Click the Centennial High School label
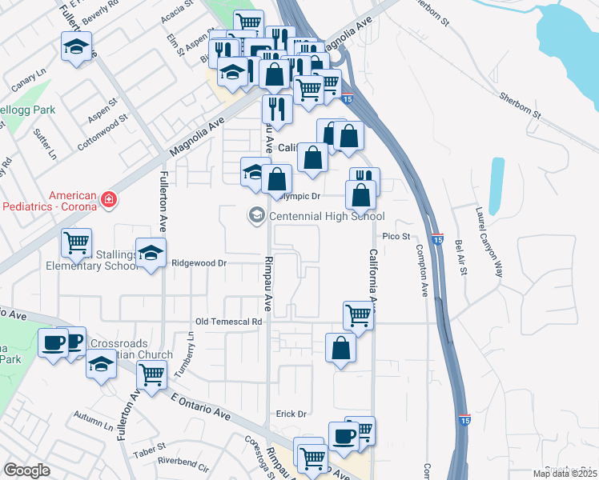pos(327,216)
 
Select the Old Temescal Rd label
pos(230,322)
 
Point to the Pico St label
pos(396,236)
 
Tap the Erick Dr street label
pos(291,414)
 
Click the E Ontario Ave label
pos(200,406)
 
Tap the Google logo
pos(27,470)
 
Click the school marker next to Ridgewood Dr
pos(151,254)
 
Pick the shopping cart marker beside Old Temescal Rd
pos(358,315)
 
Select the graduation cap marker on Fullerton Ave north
pos(76,47)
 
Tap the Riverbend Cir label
pos(183,462)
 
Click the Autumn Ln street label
pos(94,418)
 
